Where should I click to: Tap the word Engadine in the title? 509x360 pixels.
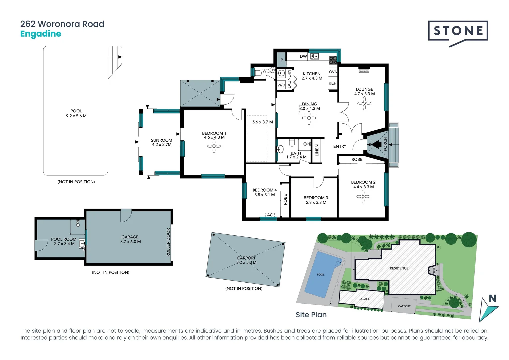[x=41, y=34]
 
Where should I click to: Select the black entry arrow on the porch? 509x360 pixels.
[x=376, y=145]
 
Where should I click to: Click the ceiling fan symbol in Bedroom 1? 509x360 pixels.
[x=214, y=146]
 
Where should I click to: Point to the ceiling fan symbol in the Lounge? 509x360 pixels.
[x=364, y=103]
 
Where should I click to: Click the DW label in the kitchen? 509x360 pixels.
[x=303, y=56]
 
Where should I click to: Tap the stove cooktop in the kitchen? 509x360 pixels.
[x=333, y=60]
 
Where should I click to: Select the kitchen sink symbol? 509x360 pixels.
[x=315, y=56]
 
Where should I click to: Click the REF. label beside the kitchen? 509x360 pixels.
[x=332, y=83]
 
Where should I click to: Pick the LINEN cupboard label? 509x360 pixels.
[x=317, y=150]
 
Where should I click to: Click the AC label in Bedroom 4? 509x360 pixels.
[x=270, y=215]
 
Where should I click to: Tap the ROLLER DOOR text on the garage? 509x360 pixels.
[x=168, y=242]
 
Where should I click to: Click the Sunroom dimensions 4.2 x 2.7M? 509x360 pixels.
[x=162, y=145]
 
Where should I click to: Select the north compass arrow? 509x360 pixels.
[x=488, y=308]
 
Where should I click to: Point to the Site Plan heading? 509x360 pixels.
[x=311, y=315]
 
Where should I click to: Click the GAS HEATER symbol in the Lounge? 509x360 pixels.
[x=364, y=71]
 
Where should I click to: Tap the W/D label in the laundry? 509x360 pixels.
[x=281, y=85]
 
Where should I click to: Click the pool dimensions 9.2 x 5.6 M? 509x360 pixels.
[x=76, y=116]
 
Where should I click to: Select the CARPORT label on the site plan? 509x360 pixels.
[x=404, y=306]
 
